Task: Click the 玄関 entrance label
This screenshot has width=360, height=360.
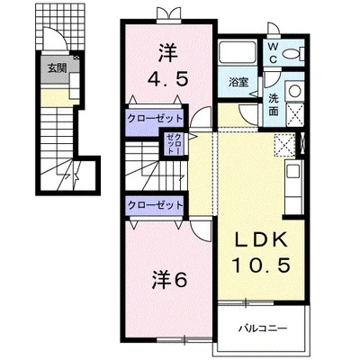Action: pos(57,68)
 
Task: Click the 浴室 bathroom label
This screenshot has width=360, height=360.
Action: pos(238,82)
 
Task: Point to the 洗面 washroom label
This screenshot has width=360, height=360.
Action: pos(273,105)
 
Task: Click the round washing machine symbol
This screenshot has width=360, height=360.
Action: pos(294,91)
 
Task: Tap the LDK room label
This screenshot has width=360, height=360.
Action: pos(260,239)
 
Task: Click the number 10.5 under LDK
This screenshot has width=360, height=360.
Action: pos(261,265)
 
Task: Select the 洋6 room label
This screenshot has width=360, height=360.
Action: pos(169,280)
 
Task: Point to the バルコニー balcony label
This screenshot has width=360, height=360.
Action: pos(263,328)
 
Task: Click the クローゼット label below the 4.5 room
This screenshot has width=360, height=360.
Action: pos(155,118)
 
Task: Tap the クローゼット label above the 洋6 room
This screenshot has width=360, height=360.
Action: pos(155,205)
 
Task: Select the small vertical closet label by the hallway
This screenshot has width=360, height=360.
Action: pos(175,144)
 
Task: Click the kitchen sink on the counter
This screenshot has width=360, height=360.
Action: pos(292,171)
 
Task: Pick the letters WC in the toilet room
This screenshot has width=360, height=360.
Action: pos(273,53)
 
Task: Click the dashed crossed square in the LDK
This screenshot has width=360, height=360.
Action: pos(285,145)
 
